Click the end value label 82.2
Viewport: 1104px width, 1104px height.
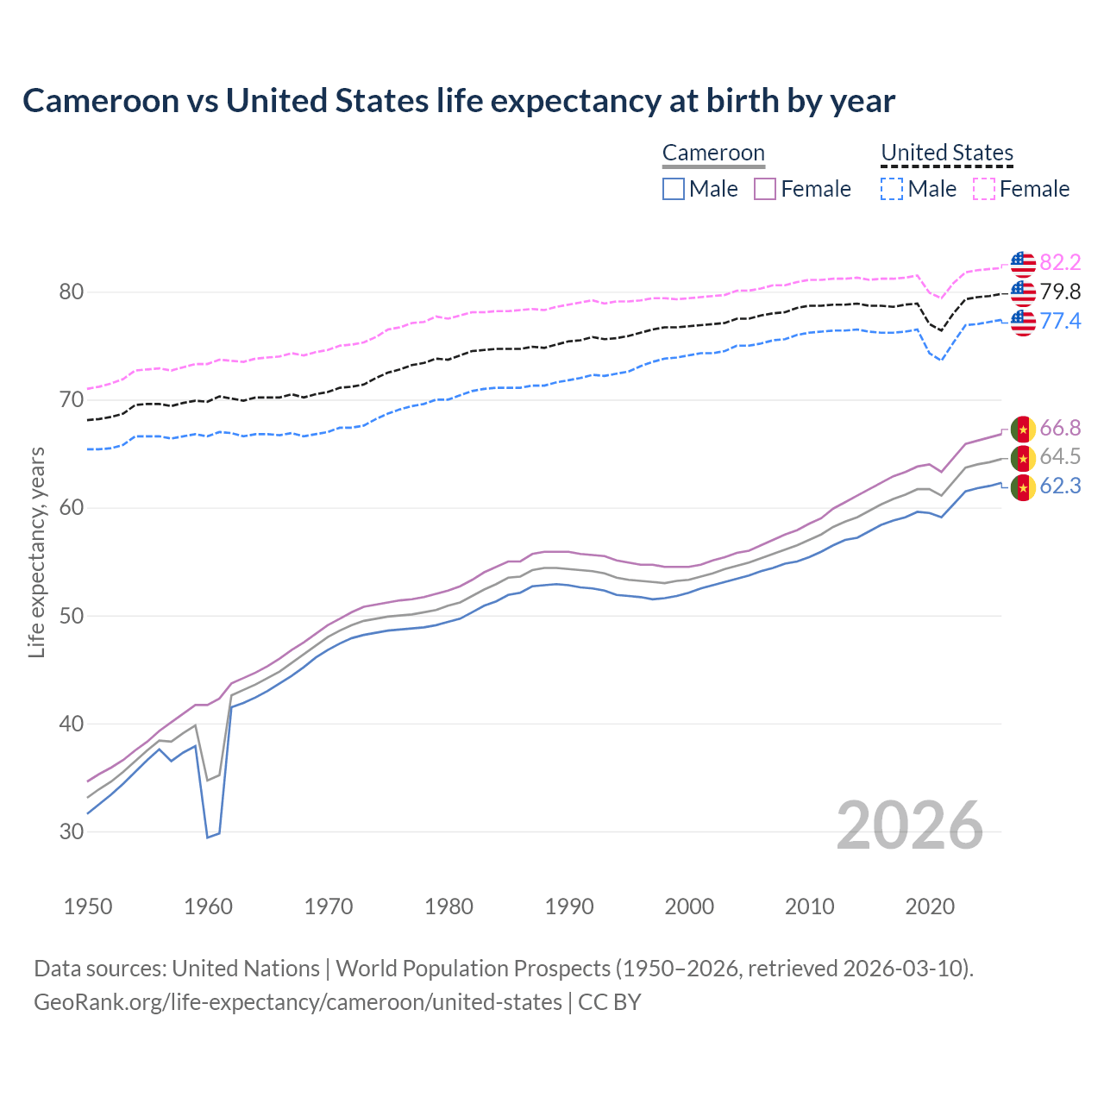(1060, 262)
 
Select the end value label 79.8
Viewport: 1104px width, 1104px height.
(1060, 292)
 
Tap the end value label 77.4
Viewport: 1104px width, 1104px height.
(1060, 321)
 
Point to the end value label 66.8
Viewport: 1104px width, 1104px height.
(1060, 428)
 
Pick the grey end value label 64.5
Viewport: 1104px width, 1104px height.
(1060, 456)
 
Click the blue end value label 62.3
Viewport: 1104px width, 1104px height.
(1060, 486)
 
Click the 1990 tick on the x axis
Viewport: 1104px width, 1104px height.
(569, 906)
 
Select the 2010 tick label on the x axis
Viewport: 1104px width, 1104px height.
(809, 906)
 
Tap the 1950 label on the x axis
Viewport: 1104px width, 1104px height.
(88, 906)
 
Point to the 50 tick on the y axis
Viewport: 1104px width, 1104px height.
(72, 616)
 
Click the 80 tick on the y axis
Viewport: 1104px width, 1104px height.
(72, 292)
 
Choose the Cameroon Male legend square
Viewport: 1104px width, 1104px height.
(674, 189)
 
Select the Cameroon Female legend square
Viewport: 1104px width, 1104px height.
(765, 189)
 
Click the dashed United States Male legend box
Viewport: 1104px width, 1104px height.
(892, 189)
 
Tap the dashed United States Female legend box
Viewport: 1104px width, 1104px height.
(984, 189)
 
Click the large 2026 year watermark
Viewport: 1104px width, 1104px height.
(910, 825)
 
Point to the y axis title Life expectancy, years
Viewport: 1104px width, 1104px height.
(36, 552)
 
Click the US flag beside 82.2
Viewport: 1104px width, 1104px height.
(1023, 263)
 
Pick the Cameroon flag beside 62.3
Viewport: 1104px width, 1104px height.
(1023, 487)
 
